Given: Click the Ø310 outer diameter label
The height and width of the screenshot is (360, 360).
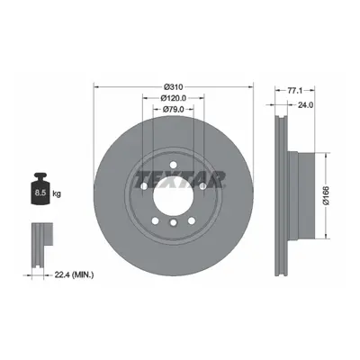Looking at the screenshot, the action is pos(174,87).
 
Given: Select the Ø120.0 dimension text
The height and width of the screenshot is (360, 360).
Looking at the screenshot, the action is pos(174,98).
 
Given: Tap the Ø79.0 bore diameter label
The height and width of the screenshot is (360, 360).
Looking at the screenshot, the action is pos(174,109).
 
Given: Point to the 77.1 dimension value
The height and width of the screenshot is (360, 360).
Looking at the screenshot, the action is pos(294,90).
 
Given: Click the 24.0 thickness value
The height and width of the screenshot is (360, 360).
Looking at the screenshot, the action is pos(305,104).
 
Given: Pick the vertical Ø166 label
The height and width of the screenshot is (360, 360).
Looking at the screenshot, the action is pos(327,195).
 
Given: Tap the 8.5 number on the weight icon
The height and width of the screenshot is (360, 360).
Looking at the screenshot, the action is pos(40,193).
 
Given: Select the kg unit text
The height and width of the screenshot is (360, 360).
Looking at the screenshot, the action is pos(57,193).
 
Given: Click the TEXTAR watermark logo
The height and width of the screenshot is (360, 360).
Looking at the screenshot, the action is pos(180,180).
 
